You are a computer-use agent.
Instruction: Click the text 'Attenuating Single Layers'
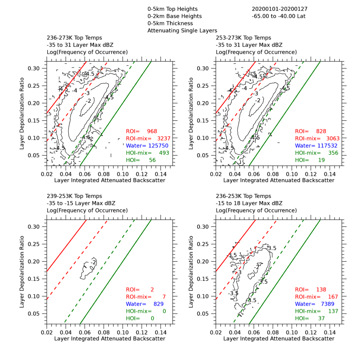pyautogui.click(x=182, y=30)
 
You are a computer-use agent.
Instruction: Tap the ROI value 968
pyautogui.click(x=152, y=131)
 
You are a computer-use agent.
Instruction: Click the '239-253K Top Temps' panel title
pyautogui.click(x=74, y=196)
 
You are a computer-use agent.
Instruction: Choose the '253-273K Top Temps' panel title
pyautogui.click(x=243, y=38)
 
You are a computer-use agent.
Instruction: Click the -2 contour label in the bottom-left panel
pyautogui.click(x=93, y=262)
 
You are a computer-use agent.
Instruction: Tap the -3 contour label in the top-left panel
pyautogui.click(x=87, y=93)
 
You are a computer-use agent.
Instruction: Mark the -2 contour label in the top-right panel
pyautogui.click(x=258, y=100)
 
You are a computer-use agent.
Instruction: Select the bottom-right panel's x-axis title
pyautogui.click(x=278, y=338)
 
